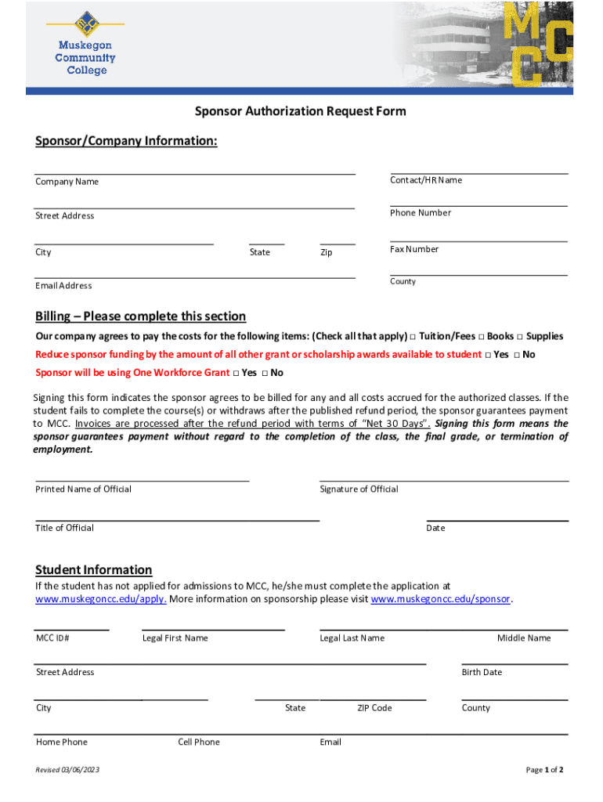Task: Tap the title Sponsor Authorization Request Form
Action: pyautogui.click(x=301, y=111)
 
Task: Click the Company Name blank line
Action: pyautogui.click(x=194, y=172)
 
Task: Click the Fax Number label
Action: pyautogui.click(x=414, y=249)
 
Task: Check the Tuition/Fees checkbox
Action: pyautogui.click(x=413, y=337)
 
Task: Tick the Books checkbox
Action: pyautogui.click(x=480, y=337)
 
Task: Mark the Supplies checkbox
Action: pyautogui.click(x=520, y=337)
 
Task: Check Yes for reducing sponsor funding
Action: pyautogui.click(x=488, y=355)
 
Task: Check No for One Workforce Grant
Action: pyautogui.click(x=265, y=373)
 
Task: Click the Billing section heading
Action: pyautogui.click(x=140, y=316)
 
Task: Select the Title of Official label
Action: pyautogui.click(x=64, y=528)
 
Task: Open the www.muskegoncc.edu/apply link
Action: pyautogui.click(x=101, y=600)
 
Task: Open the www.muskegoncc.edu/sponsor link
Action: pyautogui.click(x=440, y=600)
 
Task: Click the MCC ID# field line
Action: pyautogui.click(x=71, y=628)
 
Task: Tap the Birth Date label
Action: pyautogui.click(x=482, y=672)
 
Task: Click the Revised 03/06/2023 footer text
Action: pyautogui.click(x=67, y=770)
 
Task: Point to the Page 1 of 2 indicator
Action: pyautogui.click(x=544, y=770)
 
